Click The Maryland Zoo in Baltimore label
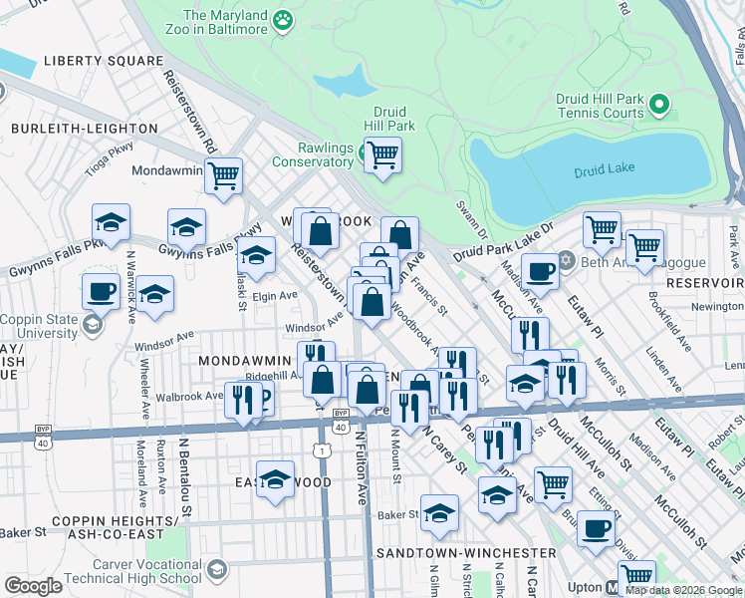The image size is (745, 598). pos(226,22)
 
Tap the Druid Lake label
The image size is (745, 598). pos(605,171)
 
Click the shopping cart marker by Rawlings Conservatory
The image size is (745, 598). pos(382,155)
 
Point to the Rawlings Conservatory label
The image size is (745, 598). pos(313,154)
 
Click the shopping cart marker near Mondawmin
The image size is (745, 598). pos(224,174)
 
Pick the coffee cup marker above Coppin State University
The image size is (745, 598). pos(100,290)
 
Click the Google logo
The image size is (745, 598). pos(33,586)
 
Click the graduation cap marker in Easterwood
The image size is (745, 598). pos(276,478)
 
